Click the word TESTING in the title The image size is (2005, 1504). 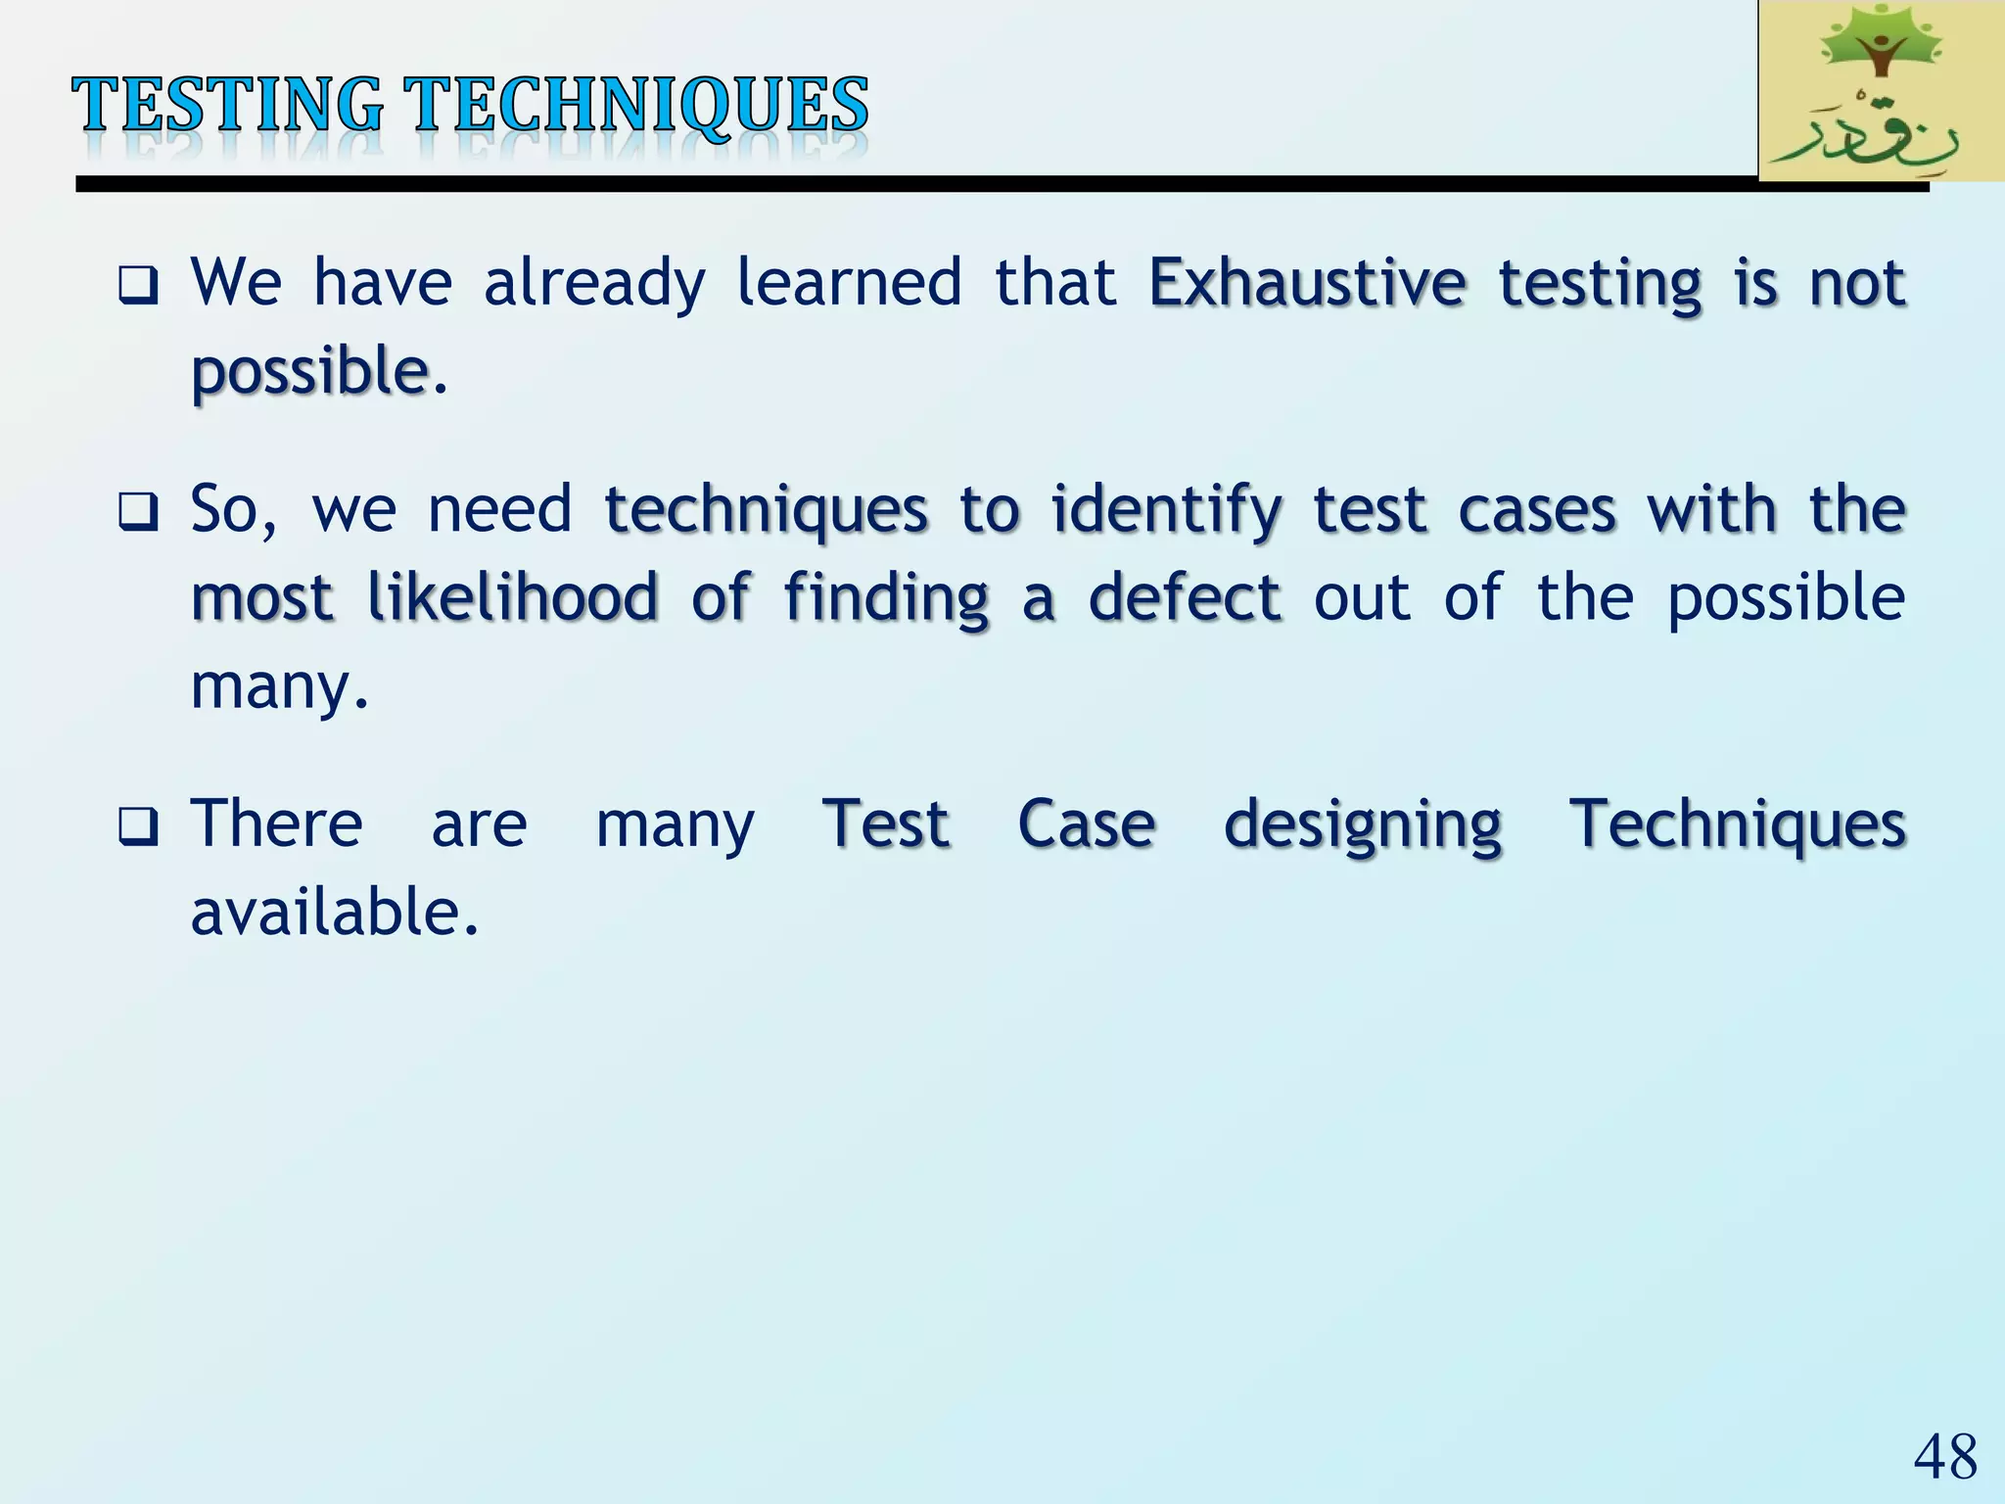point(227,105)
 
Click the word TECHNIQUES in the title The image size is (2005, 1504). point(637,105)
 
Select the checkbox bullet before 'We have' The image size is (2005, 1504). point(138,286)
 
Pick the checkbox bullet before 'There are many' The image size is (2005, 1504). point(138,826)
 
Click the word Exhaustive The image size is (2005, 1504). point(1307,284)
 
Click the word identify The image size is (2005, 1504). point(1166,510)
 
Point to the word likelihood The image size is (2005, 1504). point(512,597)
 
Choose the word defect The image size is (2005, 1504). point(1185,597)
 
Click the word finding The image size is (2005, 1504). point(886,599)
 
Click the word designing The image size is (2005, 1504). point(1363,825)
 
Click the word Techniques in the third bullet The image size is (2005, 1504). point(1738,824)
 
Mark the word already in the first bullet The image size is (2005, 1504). point(593,284)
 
